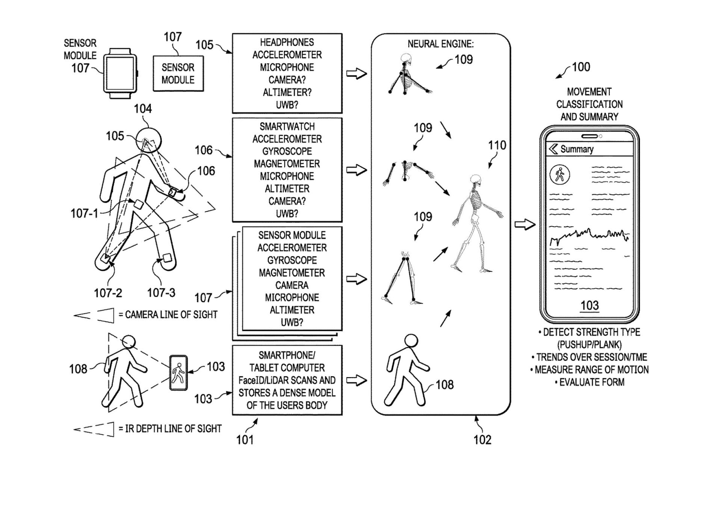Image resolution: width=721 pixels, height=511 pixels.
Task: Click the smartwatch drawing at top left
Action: click(x=120, y=73)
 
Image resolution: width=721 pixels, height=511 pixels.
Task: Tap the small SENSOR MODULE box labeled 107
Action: click(x=178, y=74)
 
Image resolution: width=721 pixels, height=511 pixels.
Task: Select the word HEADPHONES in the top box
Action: click(x=287, y=42)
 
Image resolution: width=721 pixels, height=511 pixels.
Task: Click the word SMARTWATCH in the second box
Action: click(x=287, y=126)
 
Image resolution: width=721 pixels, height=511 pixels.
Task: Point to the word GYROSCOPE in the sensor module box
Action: click(x=292, y=260)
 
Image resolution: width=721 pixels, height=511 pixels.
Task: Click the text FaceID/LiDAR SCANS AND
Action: click(x=287, y=380)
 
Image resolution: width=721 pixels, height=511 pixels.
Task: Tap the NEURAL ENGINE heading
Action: click(x=440, y=44)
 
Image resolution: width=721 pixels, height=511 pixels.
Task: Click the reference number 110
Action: click(x=497, y=145)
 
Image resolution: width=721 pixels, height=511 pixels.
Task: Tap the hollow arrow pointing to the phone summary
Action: click(x=525, y=225)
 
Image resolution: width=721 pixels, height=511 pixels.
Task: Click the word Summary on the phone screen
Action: click(x=577, y=149)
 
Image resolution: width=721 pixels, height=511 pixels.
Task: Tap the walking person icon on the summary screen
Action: click(x=560, y=174)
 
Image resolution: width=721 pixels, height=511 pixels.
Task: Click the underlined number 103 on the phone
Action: click(x=589, y=305)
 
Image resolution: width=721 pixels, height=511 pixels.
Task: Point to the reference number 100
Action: click(x=581, y=67)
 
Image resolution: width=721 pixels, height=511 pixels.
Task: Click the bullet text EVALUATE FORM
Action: click(x=591, y=382)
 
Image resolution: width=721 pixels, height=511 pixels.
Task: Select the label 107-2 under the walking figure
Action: click(x=108, y=293)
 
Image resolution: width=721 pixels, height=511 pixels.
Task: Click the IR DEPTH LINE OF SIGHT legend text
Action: click(x=173, y=428)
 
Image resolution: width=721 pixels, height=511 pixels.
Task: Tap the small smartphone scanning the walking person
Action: click(x=178, y=373)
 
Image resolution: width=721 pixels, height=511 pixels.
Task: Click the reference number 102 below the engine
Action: click(x=482, y=439)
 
